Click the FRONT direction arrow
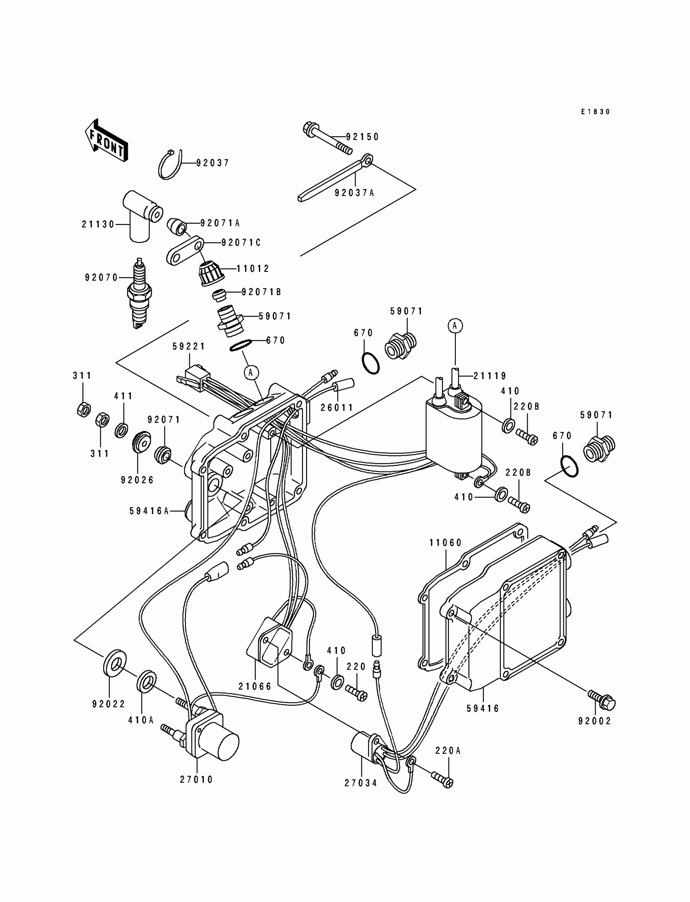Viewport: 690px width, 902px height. pos(106,141)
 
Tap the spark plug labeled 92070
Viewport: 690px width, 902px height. pos(140,293)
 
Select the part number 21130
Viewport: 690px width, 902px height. pos(98,224)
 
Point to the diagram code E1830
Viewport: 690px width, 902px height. pos(595,112)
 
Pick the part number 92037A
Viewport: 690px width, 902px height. pos(354,193)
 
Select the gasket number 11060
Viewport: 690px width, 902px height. pos(446,543)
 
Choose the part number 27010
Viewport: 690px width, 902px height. pos(197,779)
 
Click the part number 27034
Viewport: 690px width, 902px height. pos(361,783)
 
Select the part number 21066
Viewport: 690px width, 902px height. pos(255,687)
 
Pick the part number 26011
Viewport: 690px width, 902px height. pos(337,408)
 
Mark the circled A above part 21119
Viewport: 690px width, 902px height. pos(455,325)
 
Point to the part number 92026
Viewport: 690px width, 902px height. pos(137,480)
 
